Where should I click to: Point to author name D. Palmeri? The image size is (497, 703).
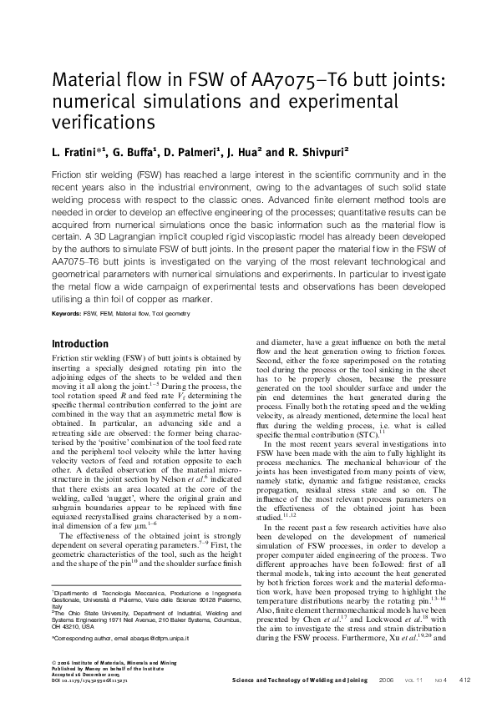coord(190,153)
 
